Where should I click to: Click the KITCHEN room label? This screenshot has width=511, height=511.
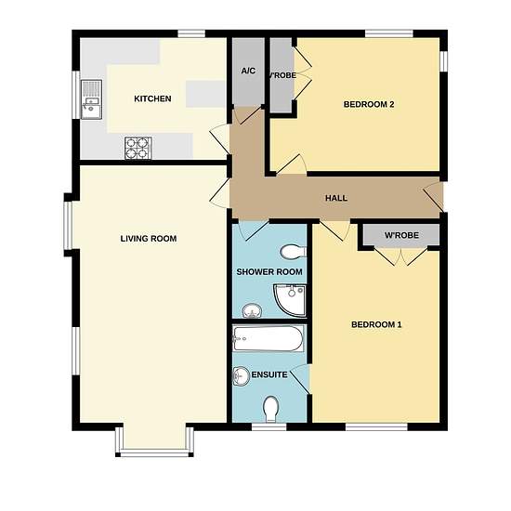click(152, 98)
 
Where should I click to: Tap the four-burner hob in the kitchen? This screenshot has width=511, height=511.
click(138, 148)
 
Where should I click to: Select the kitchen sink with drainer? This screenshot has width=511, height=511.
click(92, 99)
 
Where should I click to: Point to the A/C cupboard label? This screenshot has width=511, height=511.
click(248, 71)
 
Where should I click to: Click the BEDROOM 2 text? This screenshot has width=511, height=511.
click(369, 104)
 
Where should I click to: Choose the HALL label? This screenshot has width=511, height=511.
click(336, 198)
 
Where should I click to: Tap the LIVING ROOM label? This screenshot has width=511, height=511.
click(149, 239)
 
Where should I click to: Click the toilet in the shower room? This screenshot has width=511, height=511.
click(294, 252)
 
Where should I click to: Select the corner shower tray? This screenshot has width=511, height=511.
click(290, 300)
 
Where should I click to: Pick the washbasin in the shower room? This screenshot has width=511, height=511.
click(252, 311)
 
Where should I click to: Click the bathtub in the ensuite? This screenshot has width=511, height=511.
click(269, 338)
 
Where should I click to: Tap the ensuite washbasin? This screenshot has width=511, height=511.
click(241, 375)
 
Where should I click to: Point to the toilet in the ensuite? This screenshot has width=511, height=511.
click(270, 409)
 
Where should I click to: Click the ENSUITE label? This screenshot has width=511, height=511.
click(269, 374)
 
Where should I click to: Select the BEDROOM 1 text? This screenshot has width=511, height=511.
click(376, 324)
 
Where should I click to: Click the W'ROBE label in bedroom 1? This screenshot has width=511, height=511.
click(401, 235)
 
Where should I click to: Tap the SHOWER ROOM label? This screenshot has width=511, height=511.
click(269, 272)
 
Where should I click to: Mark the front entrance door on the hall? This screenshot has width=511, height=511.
click(434, 197)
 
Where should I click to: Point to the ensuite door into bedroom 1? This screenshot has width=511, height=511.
click(299, 379)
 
